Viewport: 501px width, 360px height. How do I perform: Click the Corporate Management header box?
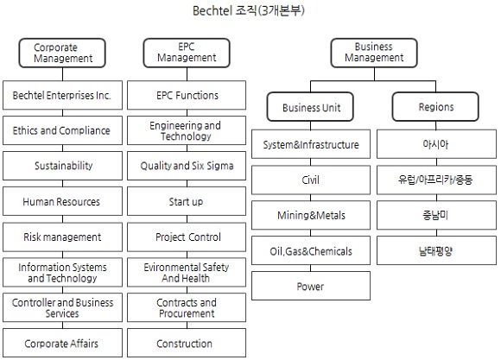[x=62, y=53]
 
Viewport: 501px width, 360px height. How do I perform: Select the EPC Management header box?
[x=187, y=53]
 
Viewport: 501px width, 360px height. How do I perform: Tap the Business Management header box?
[x=374, y=53]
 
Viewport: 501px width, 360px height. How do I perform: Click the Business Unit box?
[x=310, y=107]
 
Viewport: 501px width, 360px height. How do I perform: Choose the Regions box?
[x=435, y=107]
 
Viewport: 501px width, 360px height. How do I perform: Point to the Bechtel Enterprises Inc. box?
[x=62, y=95]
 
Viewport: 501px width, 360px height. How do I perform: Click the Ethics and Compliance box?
[x=62, y=130]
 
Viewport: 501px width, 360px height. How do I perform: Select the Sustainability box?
[x=62, y=166]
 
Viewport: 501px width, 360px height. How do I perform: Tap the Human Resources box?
[x=62, y=201]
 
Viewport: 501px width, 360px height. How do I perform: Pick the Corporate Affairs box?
[x=62, y=343]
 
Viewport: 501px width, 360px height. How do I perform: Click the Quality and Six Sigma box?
[x=187, y=166]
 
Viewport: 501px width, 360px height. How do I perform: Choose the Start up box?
[x=187, y=201]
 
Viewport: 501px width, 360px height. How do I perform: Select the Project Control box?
[x=187, y=237]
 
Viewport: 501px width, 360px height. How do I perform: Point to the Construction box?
[x=187, y=343]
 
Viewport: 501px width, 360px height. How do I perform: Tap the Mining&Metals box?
[x=311, y=215]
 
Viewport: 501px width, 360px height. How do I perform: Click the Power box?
[x=311, y=286]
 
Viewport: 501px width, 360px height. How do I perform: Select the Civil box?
[x=311, y=180]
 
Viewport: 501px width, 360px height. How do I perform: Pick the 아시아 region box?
[x=436, y=144]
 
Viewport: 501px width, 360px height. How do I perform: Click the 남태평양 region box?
[x=436, y=250]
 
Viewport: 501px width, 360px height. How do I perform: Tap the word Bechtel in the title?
[x=212, y=11]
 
